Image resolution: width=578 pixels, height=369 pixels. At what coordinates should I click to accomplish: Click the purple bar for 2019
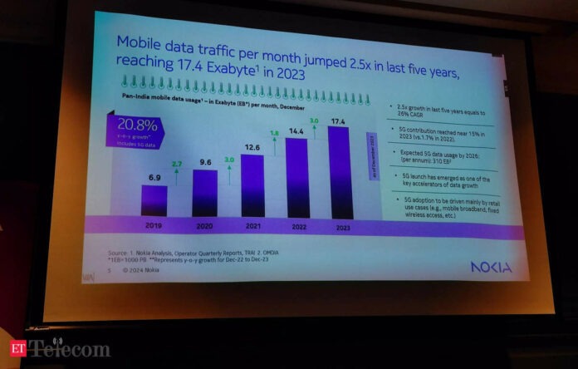tap(154, 200)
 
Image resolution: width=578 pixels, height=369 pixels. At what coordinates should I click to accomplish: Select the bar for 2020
tap(204, 193)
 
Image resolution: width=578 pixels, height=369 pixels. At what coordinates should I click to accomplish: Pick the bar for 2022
tap(296, 176)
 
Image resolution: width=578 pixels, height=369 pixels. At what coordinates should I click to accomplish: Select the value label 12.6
tap(252, 148)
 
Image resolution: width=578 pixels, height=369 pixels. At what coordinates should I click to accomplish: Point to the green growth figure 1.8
tap(274, 132)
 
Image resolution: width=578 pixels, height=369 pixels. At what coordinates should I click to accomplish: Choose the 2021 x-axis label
tap(252, 225)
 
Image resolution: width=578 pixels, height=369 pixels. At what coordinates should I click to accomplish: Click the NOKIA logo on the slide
tap(490, 267)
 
